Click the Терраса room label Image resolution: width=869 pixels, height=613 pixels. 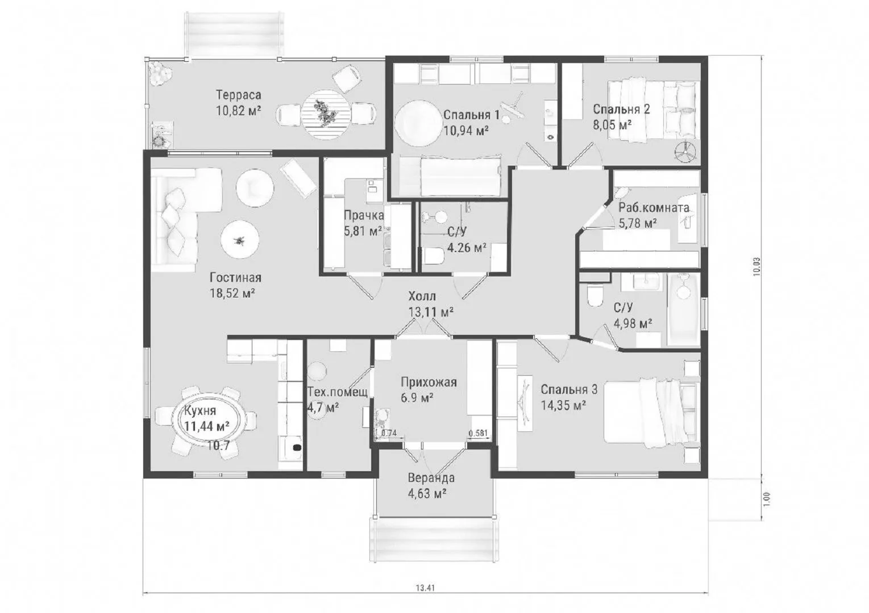[x=238, y=95]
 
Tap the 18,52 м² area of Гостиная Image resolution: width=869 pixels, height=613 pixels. [x=232, y=293]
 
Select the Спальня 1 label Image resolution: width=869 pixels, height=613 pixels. [x=471, y=115]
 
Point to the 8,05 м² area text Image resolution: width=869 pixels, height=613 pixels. [x=612, y=125]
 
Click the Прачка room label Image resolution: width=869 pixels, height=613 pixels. [x=364, y=216]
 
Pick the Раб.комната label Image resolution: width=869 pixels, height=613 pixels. [x=654, y=208]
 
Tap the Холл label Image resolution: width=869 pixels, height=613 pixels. [x=422, y=296]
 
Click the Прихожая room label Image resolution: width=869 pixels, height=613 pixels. [x=429, y=383]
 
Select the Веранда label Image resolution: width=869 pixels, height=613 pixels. [x=431, y=478]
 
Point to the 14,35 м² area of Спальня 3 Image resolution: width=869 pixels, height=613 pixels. [x=563, y=405]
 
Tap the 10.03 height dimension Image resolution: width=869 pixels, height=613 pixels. [x=757, y=267]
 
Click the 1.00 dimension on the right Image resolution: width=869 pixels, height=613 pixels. [x=767, y=499]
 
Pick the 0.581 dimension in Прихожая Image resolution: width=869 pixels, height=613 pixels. [x=478, y=433]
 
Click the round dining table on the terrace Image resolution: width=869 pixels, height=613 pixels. [x=326, y=115]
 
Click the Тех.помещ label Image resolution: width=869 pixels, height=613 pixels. [x=338, y=392]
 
